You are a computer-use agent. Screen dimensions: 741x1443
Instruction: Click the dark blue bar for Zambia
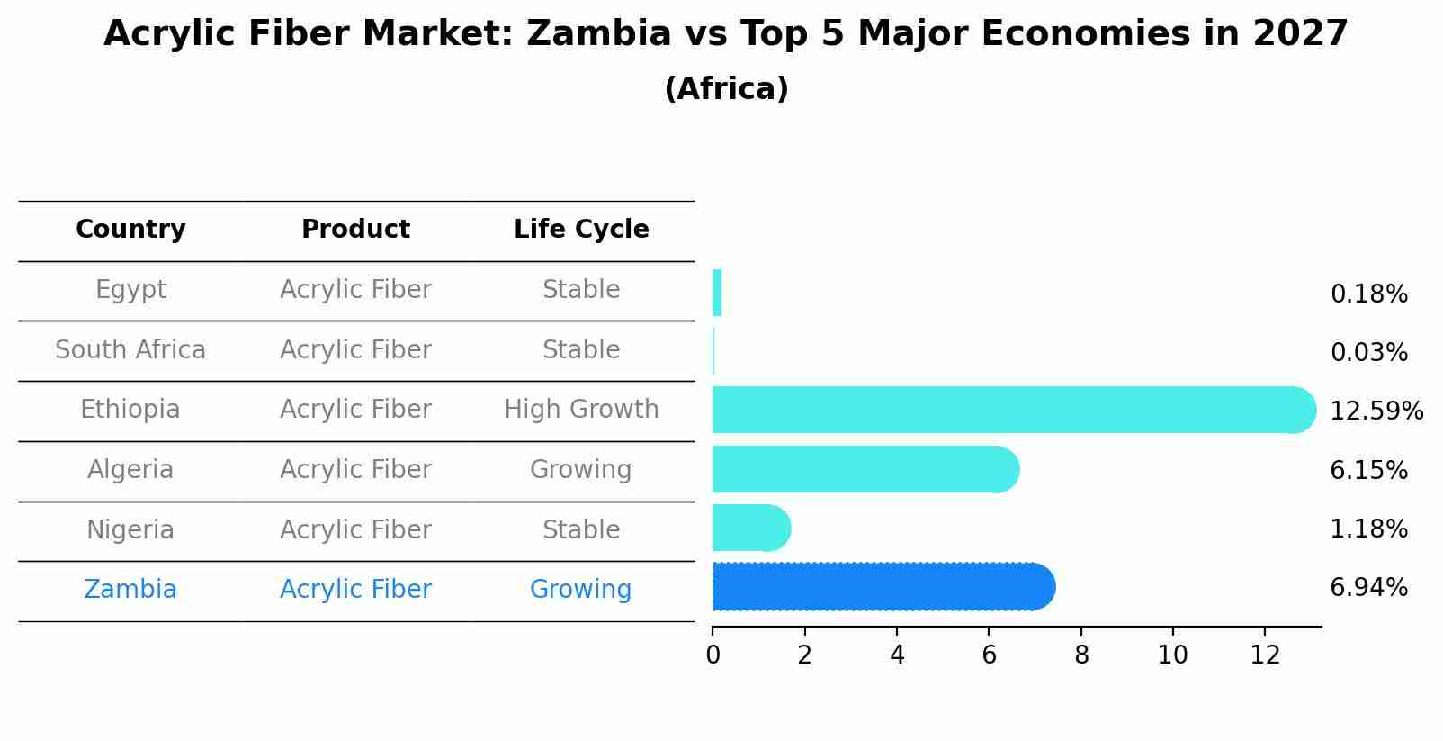[882, 587]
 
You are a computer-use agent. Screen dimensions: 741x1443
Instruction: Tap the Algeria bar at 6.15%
[864, 469]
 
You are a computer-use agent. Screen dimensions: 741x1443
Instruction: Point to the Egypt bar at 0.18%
[717, 293]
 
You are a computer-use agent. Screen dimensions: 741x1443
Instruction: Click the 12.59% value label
[1376, 411]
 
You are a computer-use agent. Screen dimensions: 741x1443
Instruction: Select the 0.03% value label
[1368, 353]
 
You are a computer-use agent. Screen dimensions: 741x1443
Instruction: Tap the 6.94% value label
[1368, 588]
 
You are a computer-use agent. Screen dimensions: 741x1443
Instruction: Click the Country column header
[130, 230]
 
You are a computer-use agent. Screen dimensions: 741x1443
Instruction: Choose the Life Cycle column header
[581, 230]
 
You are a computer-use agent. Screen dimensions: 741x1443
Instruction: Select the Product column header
[355, 230]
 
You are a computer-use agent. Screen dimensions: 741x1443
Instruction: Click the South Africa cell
[130, 350]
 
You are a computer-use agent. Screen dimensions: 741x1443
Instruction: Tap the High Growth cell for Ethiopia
[581, 410]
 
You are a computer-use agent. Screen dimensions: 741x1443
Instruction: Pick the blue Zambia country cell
[130, 590]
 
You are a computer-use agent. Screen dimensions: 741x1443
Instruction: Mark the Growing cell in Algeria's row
[581, 470]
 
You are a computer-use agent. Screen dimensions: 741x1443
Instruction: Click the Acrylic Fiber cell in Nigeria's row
[355, 530]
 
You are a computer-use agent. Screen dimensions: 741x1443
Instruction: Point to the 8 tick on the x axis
[1081, 655]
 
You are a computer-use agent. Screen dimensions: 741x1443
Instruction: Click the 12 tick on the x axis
[1265, 655]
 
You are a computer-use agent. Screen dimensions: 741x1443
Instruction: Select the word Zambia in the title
[598, 34]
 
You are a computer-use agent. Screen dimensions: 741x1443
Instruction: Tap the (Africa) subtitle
[726, 89]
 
